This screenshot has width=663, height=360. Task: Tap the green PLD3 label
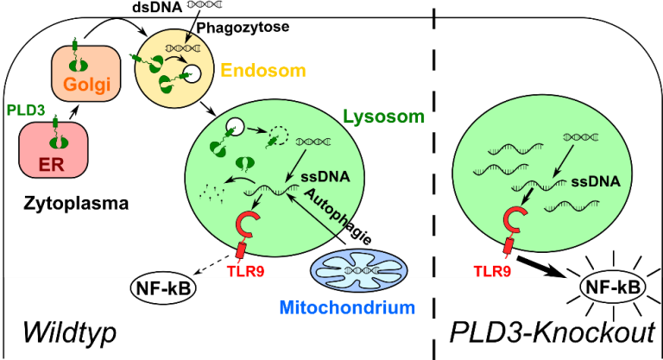(x=24, y=111)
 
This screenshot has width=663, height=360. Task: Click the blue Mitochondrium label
(x=347, y=306)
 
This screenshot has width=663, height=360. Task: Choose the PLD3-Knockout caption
(x=552, y=333)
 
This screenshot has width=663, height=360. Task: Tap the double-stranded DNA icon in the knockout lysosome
(x=577, y=136)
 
